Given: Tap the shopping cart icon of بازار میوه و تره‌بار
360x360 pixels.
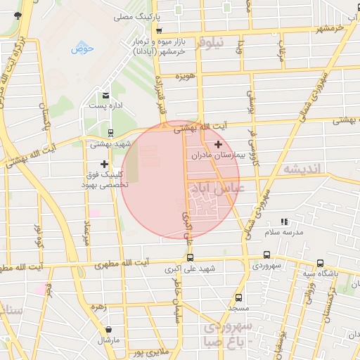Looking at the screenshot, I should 159,31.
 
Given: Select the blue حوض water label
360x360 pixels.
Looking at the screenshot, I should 83,49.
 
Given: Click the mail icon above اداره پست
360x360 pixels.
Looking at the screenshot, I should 106,95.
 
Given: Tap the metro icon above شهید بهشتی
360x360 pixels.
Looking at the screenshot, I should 110,132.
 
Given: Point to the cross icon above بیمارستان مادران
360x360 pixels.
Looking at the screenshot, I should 218,143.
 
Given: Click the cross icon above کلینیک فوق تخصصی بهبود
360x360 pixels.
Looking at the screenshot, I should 105,163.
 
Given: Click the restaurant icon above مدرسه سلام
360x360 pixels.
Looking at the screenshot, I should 284,221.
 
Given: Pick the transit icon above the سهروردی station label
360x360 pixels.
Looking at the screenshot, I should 266,255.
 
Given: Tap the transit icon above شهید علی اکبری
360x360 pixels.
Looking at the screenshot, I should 190,257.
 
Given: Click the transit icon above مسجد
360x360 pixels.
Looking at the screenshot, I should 238,297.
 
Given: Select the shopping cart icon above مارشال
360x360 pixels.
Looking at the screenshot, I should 108,329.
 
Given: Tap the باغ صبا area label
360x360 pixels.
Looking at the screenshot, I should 235,343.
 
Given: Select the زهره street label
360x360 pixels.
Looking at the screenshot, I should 97,307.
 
